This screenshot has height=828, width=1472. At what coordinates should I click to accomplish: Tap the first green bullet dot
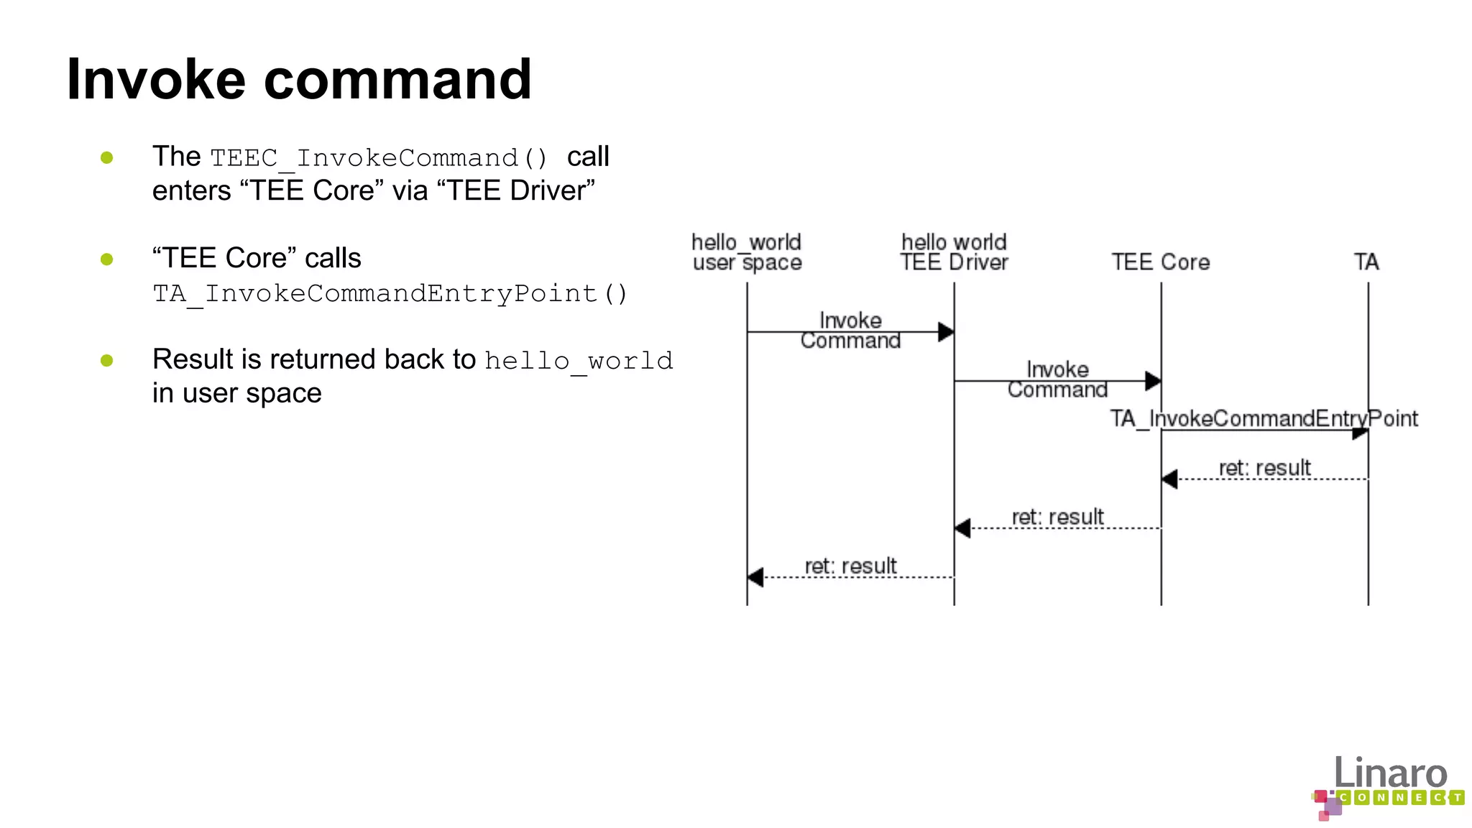(x=107, y=157)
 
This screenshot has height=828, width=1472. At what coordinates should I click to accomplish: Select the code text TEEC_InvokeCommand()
(x=379, y=158)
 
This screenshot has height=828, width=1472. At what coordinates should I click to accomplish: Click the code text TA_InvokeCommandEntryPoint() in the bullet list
(x=390, y=293)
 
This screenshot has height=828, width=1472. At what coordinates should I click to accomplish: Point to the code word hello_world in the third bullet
(x=579, y=360)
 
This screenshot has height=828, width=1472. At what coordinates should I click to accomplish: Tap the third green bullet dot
(x=107, y=360)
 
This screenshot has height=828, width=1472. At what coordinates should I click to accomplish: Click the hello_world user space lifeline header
(x=747, y=252)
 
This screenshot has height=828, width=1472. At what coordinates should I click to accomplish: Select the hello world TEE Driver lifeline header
(x=954, y=252)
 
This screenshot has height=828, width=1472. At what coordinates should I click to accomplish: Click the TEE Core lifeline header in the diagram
(x=1161, y=262)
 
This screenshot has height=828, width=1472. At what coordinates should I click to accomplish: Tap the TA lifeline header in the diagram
(x=1366, y=262)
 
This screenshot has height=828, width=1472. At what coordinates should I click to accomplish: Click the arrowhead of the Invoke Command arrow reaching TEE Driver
(x=946, y=332)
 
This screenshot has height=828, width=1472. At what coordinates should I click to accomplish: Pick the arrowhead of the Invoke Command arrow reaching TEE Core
(x=1153, y=381)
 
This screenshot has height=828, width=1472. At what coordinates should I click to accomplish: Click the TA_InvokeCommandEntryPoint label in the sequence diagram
(x=1264, y=418)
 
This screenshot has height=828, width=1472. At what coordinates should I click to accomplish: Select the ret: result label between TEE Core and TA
(x=1264, y=468)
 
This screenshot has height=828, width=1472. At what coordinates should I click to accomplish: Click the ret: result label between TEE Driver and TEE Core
(x=1057, y=517)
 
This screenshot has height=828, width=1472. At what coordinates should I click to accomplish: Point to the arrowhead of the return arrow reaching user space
(x=755, y=577)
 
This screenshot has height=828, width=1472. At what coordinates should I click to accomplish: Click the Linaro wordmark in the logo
(x=1390, y=773)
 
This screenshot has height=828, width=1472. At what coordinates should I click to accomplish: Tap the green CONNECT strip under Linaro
(x=1399, y=797)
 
